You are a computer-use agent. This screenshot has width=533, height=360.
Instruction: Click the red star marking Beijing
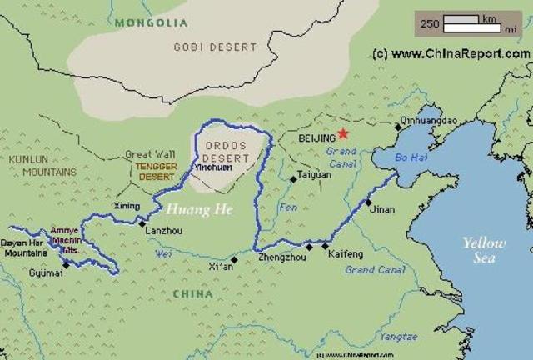point(343,134)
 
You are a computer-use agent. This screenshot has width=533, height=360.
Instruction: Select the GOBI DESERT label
point(215,47)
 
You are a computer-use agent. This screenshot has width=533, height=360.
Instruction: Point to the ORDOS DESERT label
point(227,152)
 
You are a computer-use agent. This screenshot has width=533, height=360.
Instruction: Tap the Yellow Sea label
point(484,250)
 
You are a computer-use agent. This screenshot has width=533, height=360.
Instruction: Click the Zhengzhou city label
point(281,259)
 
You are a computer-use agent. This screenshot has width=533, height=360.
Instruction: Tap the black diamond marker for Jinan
point(367,202)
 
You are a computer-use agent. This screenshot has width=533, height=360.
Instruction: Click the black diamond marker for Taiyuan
point(292,178)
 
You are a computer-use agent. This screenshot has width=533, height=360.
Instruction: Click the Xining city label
point(127,205)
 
